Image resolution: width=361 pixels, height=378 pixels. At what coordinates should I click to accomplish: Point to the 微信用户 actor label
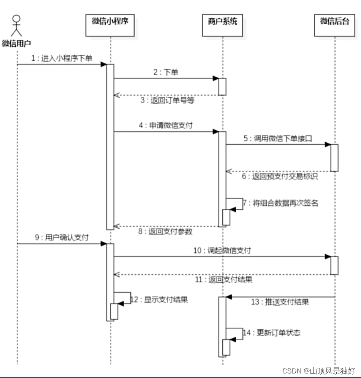16,44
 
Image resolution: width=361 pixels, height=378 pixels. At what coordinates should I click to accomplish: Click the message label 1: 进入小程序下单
62,58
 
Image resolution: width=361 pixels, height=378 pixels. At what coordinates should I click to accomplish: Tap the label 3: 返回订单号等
168,101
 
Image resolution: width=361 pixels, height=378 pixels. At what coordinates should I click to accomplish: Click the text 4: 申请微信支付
166,125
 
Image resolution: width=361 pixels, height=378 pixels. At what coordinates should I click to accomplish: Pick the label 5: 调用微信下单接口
278,138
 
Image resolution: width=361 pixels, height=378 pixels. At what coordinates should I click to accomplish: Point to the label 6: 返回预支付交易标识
280,177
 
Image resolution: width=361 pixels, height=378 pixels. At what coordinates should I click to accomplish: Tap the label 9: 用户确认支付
62,238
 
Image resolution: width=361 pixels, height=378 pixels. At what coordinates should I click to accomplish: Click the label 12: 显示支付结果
159,299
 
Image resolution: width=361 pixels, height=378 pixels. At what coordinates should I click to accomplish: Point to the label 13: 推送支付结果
280,302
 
